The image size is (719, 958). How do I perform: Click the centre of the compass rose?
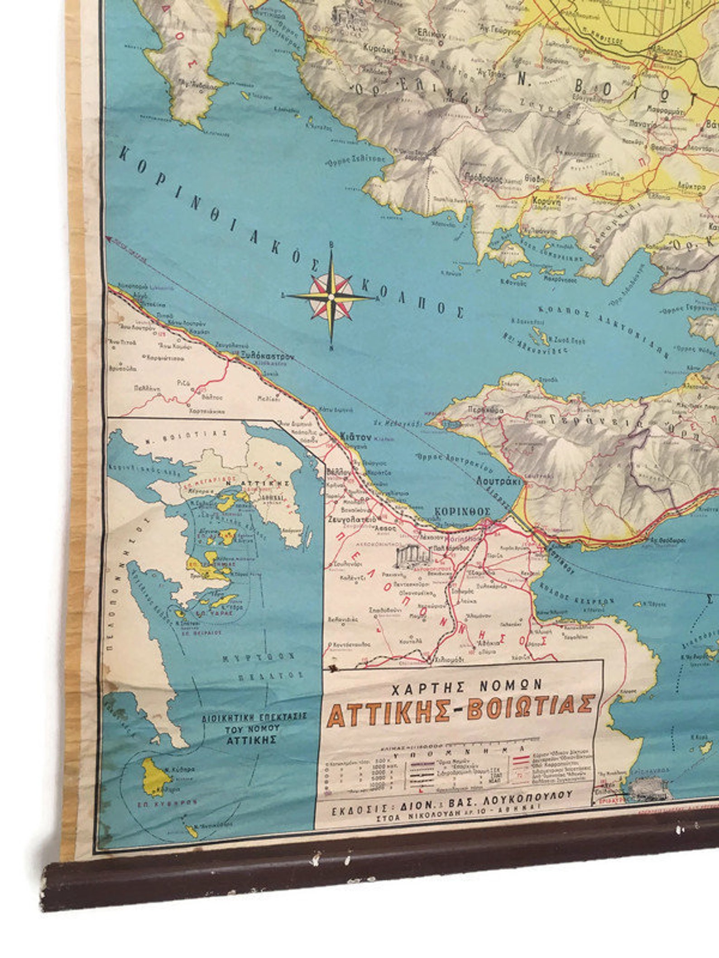coord(331,297)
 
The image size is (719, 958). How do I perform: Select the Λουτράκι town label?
coord(496,481)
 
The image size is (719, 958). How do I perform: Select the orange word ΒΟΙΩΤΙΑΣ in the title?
coord(530,709)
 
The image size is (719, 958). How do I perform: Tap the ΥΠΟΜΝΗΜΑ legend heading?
coord(457,755)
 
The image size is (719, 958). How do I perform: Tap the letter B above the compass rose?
coord(332,244)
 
